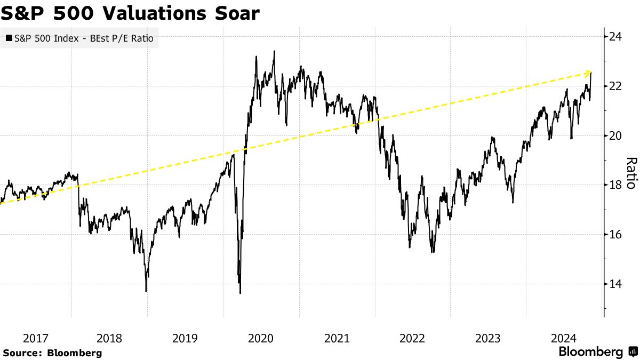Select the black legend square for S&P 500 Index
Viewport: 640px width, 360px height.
(9, 38)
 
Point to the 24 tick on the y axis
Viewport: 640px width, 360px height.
(616, 37)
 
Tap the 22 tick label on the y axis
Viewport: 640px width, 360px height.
(616, 86)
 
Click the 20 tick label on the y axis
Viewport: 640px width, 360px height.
(616, 135)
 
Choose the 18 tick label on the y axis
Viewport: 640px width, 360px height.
(616, 185)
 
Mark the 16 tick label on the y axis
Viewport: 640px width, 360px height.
(616, 235)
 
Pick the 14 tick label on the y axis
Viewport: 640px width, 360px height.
(616, 284)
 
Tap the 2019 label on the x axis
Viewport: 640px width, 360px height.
(185, 338)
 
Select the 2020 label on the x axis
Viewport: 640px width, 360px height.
(261, 338)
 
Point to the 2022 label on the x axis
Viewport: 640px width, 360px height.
(412, 338)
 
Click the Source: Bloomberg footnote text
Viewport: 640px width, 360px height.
(52, 353)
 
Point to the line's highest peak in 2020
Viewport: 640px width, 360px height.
(274, 51)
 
